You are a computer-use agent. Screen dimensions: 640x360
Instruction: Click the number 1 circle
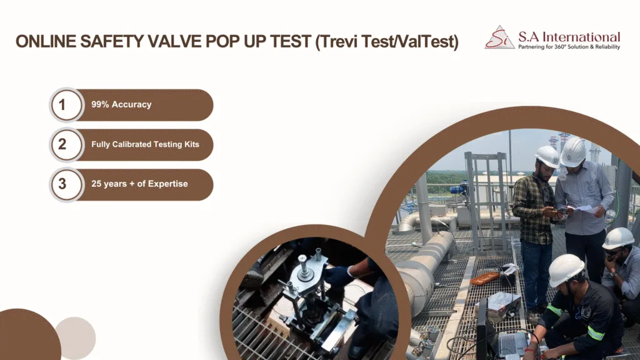[x=66, y=105]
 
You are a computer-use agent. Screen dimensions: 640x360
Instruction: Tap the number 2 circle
[x=66, y=144]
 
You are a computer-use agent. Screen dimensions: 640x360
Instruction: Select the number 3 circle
[x=66, y=184]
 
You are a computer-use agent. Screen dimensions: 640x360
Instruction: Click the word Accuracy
[x=131, y=104]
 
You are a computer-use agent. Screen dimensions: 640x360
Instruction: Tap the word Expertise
[x=167, y=184]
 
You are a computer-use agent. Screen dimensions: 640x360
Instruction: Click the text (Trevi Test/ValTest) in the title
[x=387, y=42]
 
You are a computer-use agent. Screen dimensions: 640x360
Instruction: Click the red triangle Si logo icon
[x=499, y=37]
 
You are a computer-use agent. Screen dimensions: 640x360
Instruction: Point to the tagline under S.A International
[x=569, y=47]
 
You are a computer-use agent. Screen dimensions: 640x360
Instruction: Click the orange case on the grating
[x=484, y=278]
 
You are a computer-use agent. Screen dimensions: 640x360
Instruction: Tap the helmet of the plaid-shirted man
[x=547, y=156]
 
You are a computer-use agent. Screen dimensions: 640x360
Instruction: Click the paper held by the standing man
[x=585, y=209]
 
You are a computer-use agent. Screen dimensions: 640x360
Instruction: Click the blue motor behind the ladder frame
[x=458, y=188]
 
